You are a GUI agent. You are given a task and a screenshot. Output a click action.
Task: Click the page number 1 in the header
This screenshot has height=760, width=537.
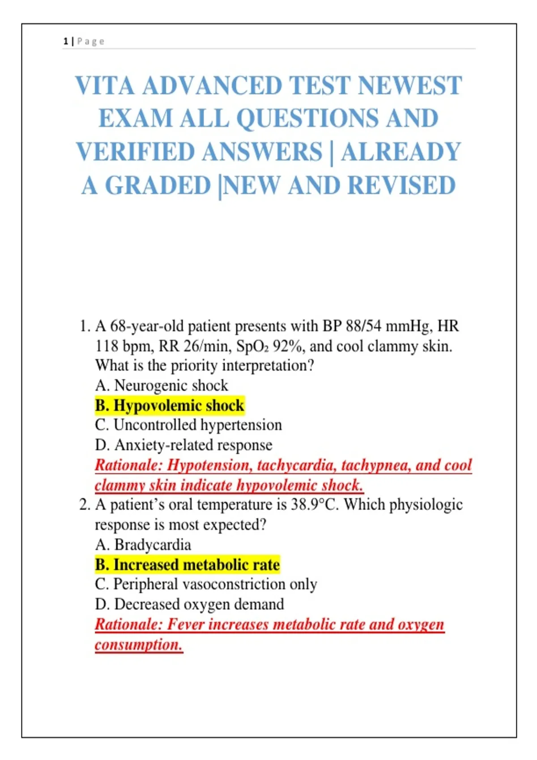tap(66, 42)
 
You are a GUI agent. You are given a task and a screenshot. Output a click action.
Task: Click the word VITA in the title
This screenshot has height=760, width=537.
tap(104, 85)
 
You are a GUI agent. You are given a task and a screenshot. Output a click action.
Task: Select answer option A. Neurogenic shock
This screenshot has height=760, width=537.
tap(161, 385)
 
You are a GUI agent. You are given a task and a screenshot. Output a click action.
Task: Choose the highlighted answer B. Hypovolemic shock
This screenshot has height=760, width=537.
tap(170, 405)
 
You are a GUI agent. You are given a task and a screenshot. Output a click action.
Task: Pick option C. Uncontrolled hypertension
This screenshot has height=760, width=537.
tap(188, 425)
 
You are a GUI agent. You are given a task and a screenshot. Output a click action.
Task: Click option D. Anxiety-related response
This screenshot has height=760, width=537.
tap(183, 445)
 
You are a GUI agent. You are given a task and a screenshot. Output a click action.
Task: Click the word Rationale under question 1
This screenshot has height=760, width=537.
tap(128, 465)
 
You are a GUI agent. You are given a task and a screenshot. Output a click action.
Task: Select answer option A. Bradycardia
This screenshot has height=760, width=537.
tap(143, 545)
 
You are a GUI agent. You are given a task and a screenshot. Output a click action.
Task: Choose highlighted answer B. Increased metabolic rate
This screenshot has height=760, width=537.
tap(187, 565)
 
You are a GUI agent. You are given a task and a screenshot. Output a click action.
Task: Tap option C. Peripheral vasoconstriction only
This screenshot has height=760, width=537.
tap(206, 584)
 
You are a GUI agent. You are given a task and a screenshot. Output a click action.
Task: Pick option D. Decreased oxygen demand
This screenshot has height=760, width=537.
tap(189, 604)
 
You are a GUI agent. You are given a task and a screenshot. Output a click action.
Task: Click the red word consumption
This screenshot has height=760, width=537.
tap(138, 645)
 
